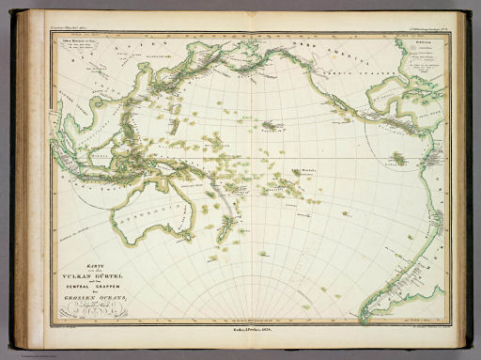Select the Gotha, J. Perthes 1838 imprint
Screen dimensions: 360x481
pos(240,328)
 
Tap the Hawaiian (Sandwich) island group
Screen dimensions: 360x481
pos(272,124)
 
